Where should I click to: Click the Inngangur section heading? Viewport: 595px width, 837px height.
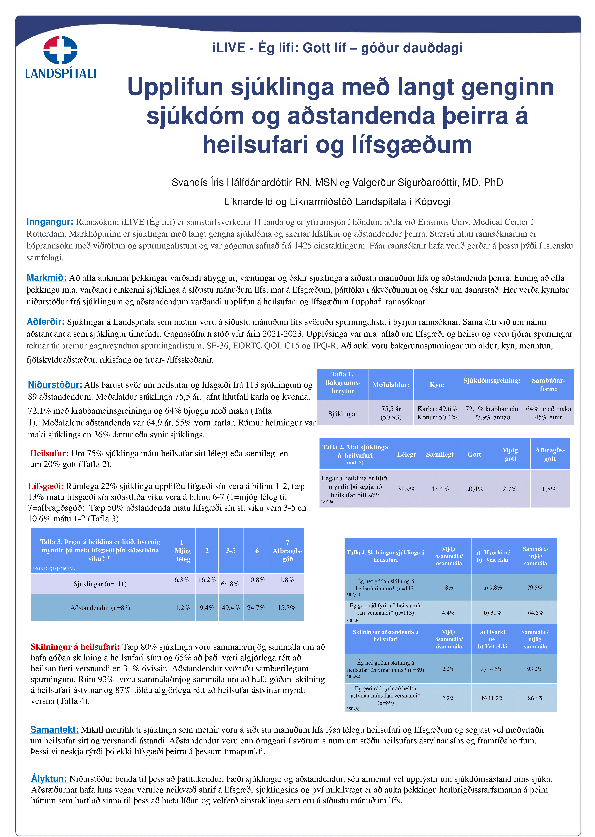click(x=50, y=222)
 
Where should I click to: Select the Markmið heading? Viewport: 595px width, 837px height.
click(x=47, y=278)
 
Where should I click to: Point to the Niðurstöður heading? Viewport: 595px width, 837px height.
click(x=55, y=385)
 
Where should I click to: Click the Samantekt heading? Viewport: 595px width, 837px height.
click(x=54, y=730)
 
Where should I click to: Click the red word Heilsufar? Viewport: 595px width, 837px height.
click(x=49, y=453)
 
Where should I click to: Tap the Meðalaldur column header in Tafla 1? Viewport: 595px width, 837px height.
click(x=391, y=385)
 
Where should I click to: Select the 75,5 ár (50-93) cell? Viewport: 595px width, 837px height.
click(x=391, y=413)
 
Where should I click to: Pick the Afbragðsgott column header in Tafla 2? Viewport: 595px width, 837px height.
click(x=550, y=454)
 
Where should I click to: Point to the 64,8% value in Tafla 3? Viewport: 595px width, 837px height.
click(x=230, y=584)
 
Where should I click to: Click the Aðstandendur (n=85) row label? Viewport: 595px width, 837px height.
click(x=100, y=608)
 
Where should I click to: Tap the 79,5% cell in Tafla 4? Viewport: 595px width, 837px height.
click(x=535, y=588)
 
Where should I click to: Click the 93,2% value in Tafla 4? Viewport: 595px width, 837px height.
click(x=535, y=669)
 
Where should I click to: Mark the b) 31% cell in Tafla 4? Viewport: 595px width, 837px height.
click(x=492, y=613)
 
